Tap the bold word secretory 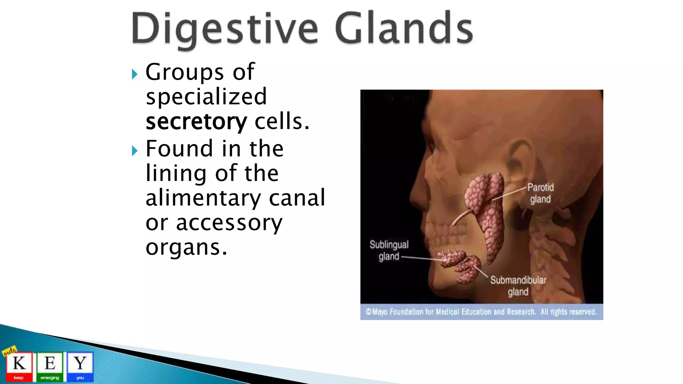pos(196,122)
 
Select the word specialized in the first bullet pos(206,97)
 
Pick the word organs pos(186,247)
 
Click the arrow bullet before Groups pos(134,74)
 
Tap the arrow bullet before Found pos(134,151)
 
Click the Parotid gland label pos(540,193)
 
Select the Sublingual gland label pos(389,250)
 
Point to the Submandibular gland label pos(518,286)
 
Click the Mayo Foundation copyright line pos(481,312)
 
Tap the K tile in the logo pos(19,366)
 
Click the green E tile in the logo pos(50,366)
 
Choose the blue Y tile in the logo pos(80,366)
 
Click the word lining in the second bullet pos(176,173)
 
